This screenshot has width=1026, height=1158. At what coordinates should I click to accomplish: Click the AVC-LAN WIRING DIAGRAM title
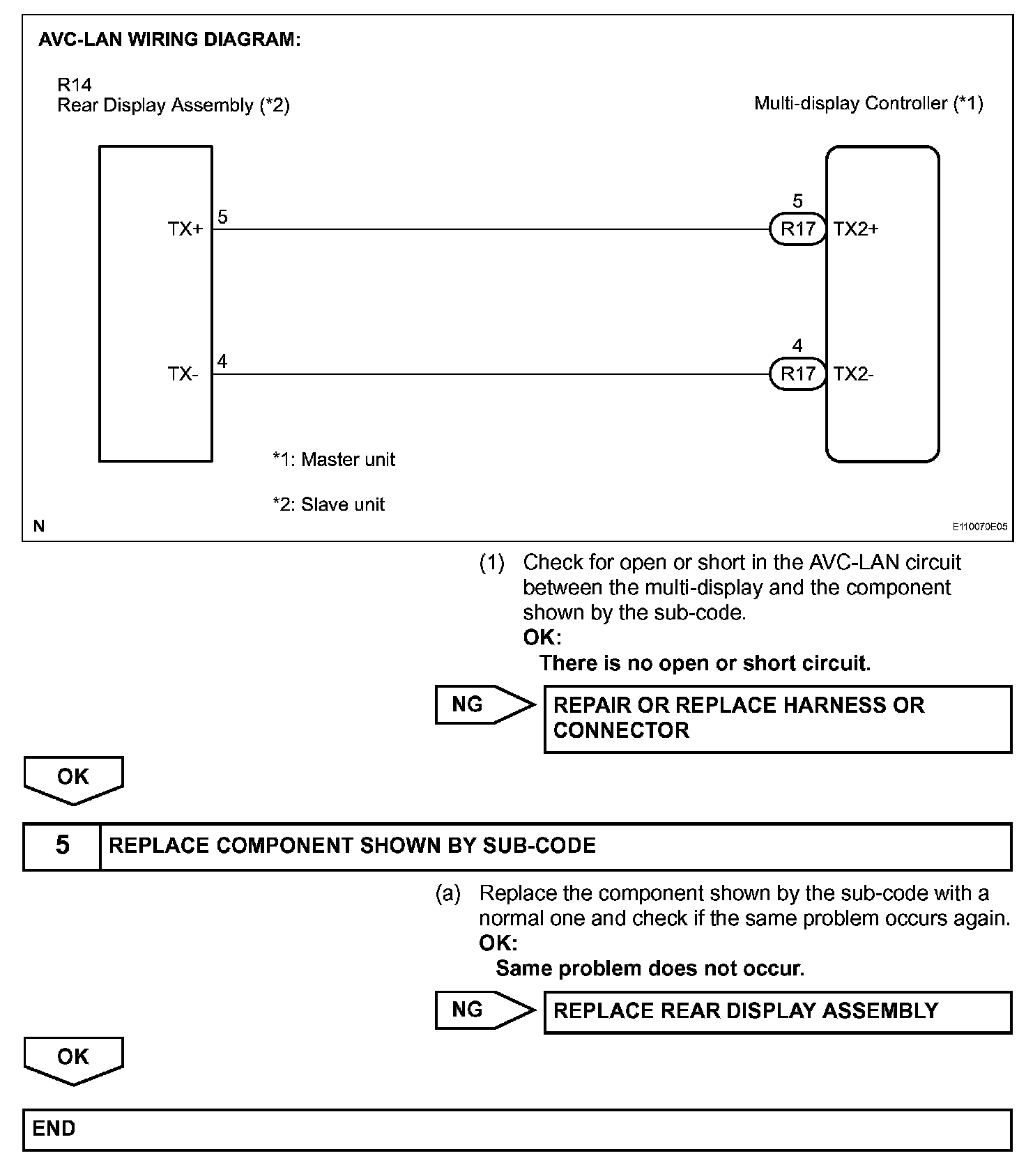point(169,40)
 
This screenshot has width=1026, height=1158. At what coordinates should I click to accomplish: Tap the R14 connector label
point(75,85)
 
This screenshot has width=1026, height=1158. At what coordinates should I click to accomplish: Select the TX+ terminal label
point(185,229)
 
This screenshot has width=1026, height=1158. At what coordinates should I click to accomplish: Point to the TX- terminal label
point(183,374)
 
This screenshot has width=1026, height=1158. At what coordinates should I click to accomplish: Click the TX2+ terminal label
point(856,229)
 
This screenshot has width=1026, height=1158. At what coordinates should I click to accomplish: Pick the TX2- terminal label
point(854,374)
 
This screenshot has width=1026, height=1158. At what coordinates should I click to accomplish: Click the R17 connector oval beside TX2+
point(798,229)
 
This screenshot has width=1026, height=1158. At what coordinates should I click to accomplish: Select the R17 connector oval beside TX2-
point(798,374)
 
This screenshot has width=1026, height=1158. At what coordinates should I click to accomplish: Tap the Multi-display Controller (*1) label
point(868,104)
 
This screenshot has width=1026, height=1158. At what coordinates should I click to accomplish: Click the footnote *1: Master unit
point(334,460)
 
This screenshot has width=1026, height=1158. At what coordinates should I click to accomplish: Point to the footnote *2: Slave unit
point(328,504)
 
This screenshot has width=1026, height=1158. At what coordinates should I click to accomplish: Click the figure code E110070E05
point(980,527)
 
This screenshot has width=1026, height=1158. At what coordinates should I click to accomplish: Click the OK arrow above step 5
point(73,778)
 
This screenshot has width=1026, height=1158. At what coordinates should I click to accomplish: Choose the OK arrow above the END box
point(73,1058)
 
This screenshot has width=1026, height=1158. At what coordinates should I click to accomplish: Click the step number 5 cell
point(62,846)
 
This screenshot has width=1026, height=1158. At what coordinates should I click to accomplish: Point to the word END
point(54,1128)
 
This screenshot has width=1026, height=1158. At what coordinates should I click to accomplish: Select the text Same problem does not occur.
point(650,968)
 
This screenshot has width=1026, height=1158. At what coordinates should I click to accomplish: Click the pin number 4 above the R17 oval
point(797,346)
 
